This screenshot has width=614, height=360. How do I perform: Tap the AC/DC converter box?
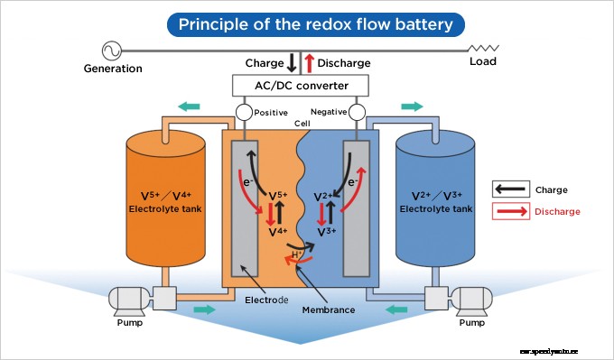[x=302, y=86]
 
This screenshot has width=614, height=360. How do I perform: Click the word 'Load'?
[x=483, y=62]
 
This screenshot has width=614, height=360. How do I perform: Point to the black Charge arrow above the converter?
[x=292, y=63]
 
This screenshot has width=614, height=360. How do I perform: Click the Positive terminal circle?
[x=243, y=114]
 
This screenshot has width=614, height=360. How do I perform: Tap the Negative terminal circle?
[x=358, y=114]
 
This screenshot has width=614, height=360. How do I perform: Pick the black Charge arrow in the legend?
[x=510, y=189]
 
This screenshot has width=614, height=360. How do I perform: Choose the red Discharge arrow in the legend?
[x=510, y=211]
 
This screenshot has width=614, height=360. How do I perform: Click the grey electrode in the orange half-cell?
[x=245, y=208]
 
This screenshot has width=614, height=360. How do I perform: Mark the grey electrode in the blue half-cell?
[x=357, y=208]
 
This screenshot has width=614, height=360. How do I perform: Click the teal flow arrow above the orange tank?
[x=190, y=106]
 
